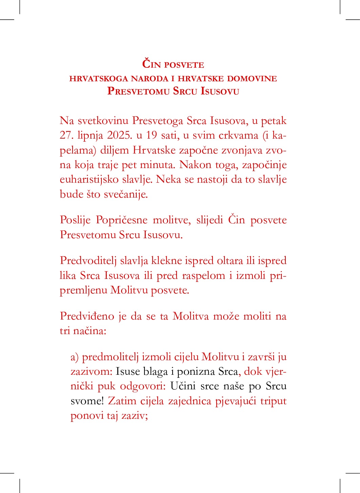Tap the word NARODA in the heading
click(x=149, y=79)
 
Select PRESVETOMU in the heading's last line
click(x=138, y=91)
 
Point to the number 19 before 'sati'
click(x=152, y=135)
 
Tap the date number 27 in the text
click(x=65, y=135)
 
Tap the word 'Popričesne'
click(x=121, y=220)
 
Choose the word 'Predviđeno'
click(x=87, y=316)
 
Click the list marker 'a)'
click(x=75, y=357)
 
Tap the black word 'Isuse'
click(x=127, y=372)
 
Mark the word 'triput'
click(x=273, y=401)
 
